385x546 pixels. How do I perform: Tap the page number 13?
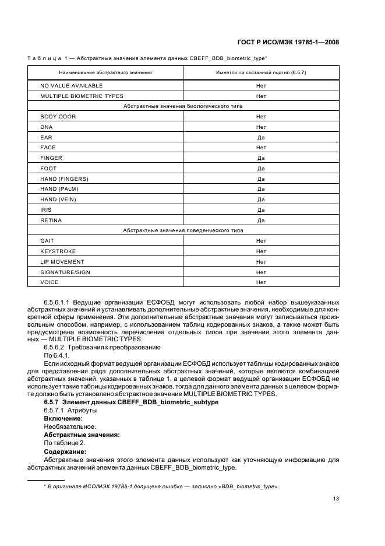tap(336, 498)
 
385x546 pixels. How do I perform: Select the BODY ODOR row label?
tap(58, 117)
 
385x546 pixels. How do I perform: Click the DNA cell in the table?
tap(47, 127)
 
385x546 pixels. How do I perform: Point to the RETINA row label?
tap(51, 220)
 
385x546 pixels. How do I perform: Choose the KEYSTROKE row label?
tap(58, 251)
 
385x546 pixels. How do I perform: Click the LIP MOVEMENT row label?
tap(62, 262)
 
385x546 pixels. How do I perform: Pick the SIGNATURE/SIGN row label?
tap(65, 272)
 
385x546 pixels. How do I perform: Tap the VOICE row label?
tap(50, 282)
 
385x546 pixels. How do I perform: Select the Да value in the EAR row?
tap(261, 138)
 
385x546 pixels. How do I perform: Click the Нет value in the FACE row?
tap(261, 148)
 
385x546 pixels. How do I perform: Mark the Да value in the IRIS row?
tap(261, 210)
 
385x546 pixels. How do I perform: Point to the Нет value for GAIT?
tap(261, 241)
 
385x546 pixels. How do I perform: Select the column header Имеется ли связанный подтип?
tap(261, 72)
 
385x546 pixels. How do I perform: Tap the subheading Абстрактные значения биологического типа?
tap(183, 106)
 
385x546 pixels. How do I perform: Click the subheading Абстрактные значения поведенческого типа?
tap(183, 230)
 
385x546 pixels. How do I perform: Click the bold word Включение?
tap(63, 418)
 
